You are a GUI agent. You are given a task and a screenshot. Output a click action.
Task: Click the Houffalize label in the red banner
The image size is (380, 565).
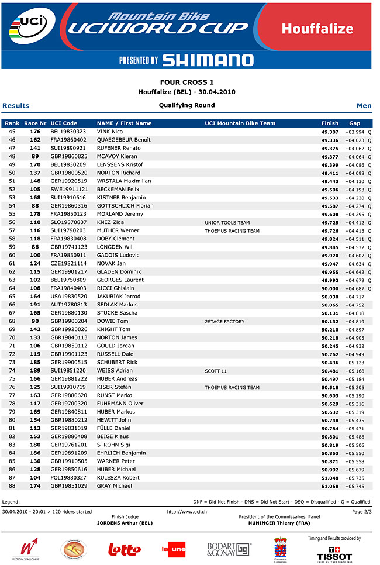(317, 29)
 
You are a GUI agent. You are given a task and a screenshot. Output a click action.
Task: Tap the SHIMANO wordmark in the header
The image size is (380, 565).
(208, 60)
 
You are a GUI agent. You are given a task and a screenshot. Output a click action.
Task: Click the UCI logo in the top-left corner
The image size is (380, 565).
(34, 26)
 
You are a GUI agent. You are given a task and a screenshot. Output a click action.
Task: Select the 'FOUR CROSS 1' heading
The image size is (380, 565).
(187, 82)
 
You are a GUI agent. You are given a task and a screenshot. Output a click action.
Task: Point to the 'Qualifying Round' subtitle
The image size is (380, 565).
(186, 105)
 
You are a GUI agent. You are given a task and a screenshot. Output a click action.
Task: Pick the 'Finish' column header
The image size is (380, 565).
(330, 123)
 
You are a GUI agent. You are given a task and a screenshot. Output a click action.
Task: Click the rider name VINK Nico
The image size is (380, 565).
(110, 132)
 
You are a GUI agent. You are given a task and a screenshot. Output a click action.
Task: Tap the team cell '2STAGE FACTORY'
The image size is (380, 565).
(224, 321)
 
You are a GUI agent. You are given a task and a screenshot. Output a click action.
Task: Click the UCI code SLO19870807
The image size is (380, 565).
(68, 222)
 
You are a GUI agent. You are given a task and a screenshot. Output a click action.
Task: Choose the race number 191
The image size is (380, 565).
(35, 305)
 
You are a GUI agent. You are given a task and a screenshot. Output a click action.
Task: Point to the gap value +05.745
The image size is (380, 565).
(355, 486)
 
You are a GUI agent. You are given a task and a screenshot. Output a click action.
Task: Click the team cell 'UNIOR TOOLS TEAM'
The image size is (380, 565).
(227, 222)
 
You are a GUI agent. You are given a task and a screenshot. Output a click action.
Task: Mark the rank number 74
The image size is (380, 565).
(12, 371)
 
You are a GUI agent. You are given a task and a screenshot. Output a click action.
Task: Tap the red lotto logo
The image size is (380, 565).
(125, 549)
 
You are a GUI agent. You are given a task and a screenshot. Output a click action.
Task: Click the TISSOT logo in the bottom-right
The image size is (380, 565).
(334, 553)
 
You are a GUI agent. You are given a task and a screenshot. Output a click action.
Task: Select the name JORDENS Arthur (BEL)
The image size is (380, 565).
(125, 523)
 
